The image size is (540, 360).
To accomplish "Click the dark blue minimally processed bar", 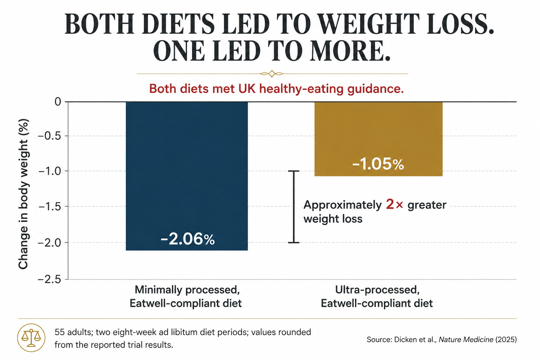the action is click(187, 176).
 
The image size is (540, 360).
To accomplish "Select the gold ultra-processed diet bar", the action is click(379, 139).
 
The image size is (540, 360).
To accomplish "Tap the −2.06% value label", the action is click(187, 239).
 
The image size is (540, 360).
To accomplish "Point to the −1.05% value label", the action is click(378, 164).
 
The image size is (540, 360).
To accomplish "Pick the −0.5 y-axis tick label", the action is click(50, 136).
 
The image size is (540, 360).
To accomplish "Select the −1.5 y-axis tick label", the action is click(50, 206).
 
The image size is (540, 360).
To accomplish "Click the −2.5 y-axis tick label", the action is click(50, 279).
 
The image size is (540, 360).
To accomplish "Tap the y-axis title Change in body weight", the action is click(24, 194).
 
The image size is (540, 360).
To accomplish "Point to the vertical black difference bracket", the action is click(294, 207).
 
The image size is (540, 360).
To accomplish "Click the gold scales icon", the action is click(31, 337).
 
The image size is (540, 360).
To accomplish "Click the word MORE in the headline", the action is click(350, 51).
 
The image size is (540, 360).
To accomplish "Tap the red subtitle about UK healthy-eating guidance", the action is click(276, 89).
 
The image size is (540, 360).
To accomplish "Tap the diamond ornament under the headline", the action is click(272, 73).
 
